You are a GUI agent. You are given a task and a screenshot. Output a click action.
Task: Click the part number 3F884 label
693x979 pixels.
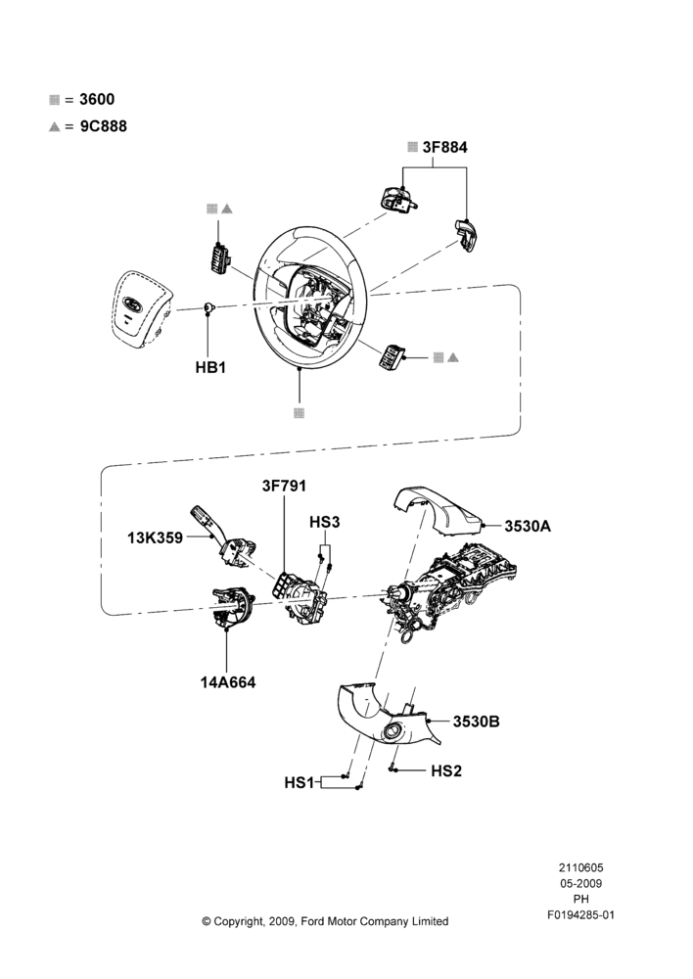444,148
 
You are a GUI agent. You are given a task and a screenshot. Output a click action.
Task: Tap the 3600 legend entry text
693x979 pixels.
97,99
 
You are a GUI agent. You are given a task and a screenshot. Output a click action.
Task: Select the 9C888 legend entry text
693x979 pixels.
103,126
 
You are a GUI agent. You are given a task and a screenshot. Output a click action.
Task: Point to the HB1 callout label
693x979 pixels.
210,367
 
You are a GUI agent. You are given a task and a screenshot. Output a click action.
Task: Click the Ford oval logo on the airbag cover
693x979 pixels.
132,304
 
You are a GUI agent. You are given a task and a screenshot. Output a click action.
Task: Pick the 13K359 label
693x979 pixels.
155,536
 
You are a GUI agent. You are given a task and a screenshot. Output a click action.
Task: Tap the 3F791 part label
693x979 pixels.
284,486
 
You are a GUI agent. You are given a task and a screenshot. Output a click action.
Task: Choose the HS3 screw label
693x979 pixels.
325,522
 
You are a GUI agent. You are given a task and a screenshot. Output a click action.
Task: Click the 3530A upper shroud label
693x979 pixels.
528,526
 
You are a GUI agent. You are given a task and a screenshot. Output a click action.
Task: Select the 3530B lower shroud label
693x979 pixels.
477,722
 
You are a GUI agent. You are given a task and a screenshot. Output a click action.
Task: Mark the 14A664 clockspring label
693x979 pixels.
228,682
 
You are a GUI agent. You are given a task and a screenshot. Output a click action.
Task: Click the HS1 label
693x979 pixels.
300,782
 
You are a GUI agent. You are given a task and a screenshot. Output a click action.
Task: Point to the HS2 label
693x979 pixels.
446,771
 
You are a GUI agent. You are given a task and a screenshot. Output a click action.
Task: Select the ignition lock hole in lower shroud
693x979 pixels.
393,732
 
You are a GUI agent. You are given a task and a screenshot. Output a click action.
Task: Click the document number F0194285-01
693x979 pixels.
581,914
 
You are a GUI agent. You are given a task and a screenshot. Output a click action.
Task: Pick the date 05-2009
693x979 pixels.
581,883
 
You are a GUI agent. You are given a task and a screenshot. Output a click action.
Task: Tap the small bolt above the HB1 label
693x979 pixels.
208,307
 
